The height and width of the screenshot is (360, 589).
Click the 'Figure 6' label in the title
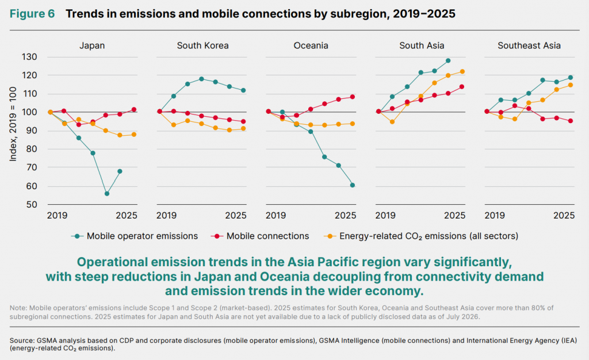32,14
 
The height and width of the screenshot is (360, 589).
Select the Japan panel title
92,46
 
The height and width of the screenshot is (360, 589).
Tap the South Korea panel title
202,46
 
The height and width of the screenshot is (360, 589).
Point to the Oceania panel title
311,46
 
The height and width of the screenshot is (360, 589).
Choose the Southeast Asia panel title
529,46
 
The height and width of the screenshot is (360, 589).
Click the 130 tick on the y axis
29,57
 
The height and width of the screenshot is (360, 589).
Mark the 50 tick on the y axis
32,205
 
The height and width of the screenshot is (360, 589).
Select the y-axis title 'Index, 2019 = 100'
13,124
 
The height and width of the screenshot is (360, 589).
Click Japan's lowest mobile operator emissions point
106,194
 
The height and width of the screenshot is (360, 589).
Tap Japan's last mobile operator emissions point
120,171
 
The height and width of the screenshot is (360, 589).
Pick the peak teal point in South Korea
201,79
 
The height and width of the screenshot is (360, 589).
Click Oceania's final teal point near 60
353,185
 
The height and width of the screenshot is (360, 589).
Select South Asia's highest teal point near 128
448,60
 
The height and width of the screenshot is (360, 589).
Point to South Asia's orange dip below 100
392,121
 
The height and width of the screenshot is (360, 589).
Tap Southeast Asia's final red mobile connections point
570,121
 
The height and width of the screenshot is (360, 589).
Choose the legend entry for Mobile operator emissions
135,236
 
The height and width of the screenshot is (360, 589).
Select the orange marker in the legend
330,236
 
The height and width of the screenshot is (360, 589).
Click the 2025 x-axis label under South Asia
454,216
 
